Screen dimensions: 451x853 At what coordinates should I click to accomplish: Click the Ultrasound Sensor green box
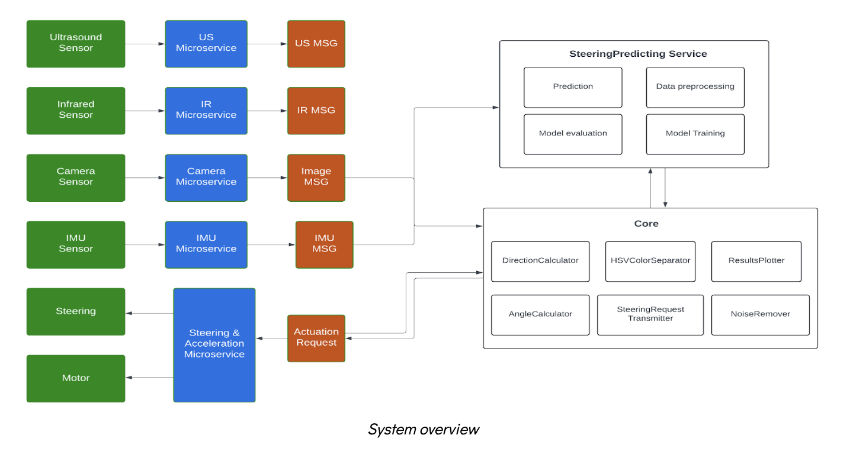[x=76, y=43]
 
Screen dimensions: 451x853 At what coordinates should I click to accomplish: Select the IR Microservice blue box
[x=206, y=110]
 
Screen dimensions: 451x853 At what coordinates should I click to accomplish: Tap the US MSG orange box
[x=316, y=43]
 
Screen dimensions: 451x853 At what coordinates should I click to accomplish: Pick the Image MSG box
[x=316, y=177]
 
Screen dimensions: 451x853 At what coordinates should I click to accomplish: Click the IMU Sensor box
[x=76, y=244]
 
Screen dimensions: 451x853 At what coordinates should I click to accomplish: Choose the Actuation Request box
[x=316, y=337]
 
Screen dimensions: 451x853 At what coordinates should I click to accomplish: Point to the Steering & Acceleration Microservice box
[x=214, y=344]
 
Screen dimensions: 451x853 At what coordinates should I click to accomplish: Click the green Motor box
[x=76, y=378]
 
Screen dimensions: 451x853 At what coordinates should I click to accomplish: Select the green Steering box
[x=76, y=311]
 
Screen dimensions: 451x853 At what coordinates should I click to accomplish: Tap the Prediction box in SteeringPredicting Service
[x=573, y=86]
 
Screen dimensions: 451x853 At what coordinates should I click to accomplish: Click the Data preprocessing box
[x=695, y=86]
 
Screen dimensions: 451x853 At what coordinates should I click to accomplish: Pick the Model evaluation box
[x=573, y=134]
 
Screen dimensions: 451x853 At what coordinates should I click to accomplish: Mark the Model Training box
[x=695, y=134]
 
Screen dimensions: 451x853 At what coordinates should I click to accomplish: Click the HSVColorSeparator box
[x=650, y=260]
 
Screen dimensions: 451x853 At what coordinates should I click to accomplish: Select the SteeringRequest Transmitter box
[x=650, y=314]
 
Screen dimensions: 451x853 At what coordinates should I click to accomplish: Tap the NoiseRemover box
[x=760, y=314]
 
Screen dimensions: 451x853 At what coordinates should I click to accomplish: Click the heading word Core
[x=646, y=224]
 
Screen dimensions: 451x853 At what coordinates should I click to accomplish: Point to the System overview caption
[x=423, y=429]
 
